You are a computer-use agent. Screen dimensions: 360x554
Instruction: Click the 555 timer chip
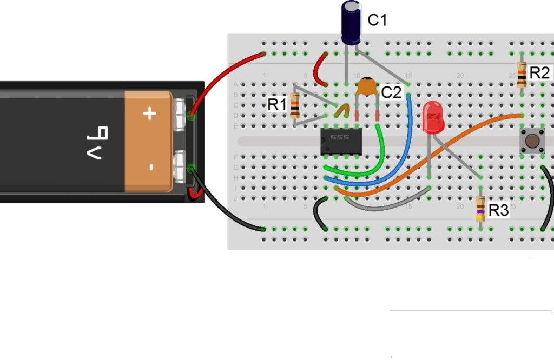[x=341, y=142]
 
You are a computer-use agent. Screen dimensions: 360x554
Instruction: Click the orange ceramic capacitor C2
[x=367, y=86]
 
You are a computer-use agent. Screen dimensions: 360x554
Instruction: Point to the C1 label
[x=378, y=21]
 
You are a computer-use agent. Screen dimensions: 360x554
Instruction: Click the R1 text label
[x=276, y=104]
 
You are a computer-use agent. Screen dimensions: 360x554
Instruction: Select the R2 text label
[x=539, y=73]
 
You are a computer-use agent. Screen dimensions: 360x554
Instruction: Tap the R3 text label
[x=498, y=210]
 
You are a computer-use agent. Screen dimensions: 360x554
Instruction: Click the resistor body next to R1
[x=295, y=106]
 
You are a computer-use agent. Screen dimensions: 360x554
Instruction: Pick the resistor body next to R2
[x=522, y=74]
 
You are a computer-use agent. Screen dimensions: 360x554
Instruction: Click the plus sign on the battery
[x=149, y=114]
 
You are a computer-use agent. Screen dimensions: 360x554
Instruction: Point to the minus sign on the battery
[x=151, y=167]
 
